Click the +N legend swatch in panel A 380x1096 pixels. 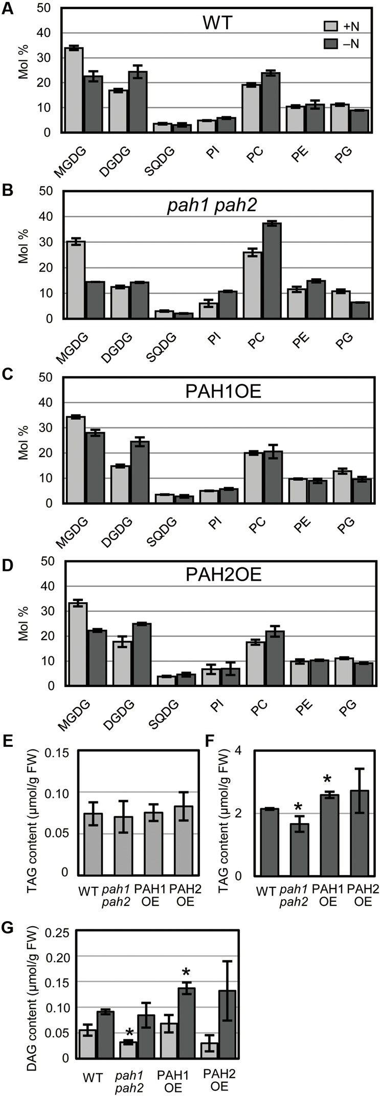pos(332,26)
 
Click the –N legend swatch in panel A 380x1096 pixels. pos(332,43)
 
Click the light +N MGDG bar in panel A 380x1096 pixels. pos(74,90)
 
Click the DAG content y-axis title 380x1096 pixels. pos(26,981)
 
